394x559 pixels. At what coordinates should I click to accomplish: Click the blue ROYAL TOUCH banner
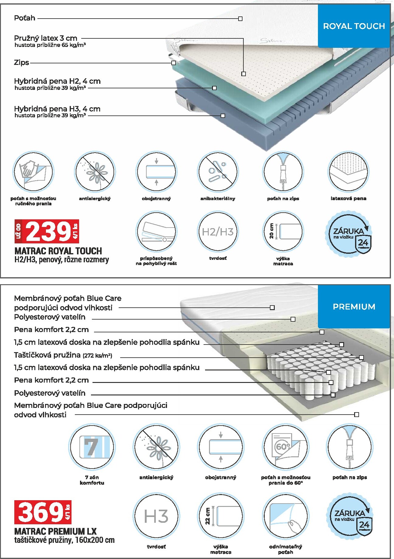[x=354, y=26]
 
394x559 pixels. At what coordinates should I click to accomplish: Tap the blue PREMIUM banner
[x=354, y=306]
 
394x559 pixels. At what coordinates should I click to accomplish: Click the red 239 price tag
[x=47, y=231]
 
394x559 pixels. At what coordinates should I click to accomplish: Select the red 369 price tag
[x=43, y=512]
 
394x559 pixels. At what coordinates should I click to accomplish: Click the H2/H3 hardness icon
[x=218, y=232]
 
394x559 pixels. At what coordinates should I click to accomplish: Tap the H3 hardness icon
[x=156, y=516]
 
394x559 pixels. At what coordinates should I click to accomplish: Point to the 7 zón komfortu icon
[x=92, y=447]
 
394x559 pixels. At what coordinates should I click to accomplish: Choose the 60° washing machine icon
[x=285, y=447]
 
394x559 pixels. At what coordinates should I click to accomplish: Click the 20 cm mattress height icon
[x=283, y=232]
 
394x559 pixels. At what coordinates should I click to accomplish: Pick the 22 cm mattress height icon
[x=221, y=516]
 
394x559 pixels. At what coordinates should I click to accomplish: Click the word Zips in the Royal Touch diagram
[x=22, y=62]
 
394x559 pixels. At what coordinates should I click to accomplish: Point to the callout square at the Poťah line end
[x=240, y=19]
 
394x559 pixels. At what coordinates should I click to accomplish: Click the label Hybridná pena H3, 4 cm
[x=57, y=109]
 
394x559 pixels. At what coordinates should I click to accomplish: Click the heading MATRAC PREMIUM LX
[x=55, y=532]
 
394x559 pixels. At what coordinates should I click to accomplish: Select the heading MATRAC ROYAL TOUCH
[x=58, y=251]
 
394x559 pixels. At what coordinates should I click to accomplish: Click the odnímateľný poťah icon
[x=285, y=516]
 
